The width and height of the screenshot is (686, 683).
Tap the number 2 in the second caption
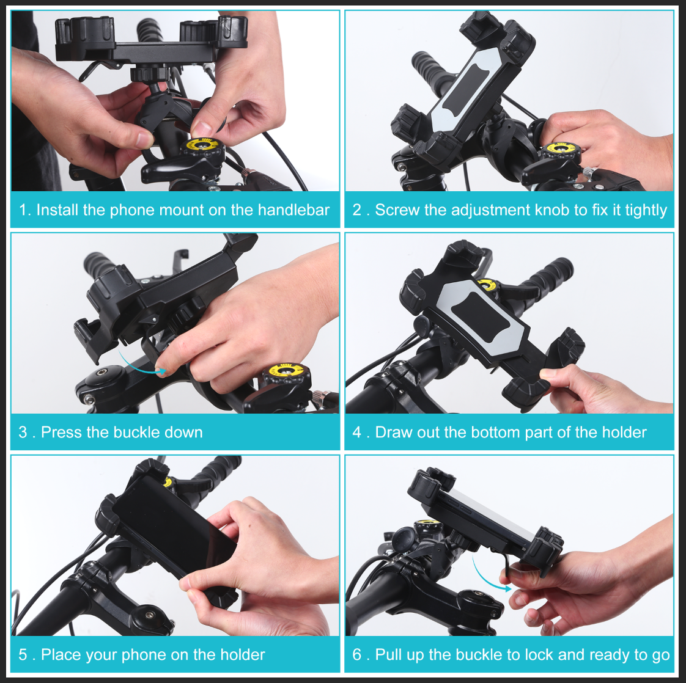[357, 210]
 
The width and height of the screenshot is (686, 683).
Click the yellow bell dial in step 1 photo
[202, 147]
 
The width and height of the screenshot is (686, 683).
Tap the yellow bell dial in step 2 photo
[559, 149]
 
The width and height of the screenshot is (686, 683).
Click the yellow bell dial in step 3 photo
[285, 371]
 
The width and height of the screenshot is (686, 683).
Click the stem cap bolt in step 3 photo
[98, 374]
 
